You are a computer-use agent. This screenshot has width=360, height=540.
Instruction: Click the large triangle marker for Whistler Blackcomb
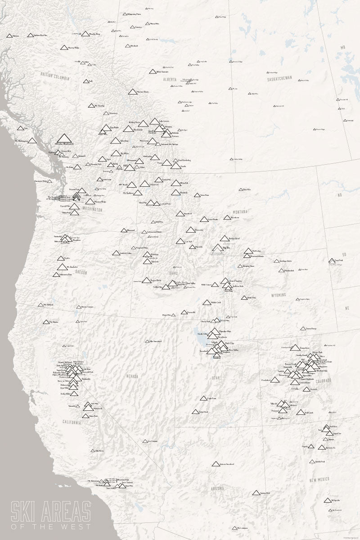(65, 137)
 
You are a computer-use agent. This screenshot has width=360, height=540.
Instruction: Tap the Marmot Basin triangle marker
(132, 92)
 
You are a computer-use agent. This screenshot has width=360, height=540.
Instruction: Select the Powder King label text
(94, 34)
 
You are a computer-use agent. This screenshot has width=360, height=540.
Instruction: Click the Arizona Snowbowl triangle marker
(216, 463)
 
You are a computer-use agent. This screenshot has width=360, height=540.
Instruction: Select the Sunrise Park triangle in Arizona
(256, 493)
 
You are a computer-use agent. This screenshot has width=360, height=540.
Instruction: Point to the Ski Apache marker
(327, 500)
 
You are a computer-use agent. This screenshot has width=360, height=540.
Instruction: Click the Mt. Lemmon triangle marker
(234, 527)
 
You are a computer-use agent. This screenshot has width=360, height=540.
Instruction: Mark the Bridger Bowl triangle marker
(225, 238)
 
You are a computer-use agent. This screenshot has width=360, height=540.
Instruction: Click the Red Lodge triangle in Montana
(247, 251)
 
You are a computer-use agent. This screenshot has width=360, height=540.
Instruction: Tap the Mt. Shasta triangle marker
(45, 322)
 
